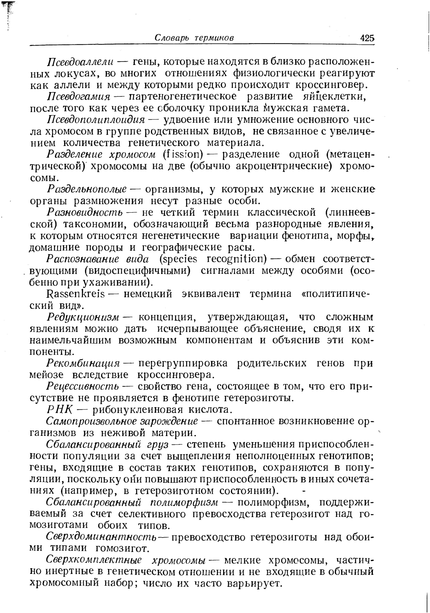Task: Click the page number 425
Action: [367, 38]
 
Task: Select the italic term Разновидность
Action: [84, 212]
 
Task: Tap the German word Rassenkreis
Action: [75, 294]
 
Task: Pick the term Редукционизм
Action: [83, 317]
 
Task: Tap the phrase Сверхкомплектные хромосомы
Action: [126, 561]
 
